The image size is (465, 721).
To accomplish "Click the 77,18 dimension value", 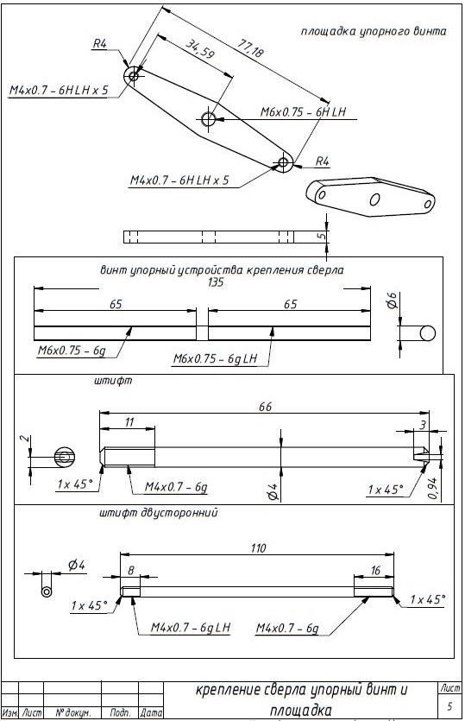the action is tap(250, 48).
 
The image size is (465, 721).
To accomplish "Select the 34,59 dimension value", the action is tap(200, 48).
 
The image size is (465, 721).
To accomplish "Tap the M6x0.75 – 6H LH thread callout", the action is tap(304, 111).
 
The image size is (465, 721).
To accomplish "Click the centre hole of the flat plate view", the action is tap(208, 118).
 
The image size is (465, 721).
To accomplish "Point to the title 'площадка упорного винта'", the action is tap(373, 31).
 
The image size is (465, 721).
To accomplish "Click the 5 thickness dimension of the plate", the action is tap(322, 237).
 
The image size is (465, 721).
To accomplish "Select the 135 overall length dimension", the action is tap(215, 281).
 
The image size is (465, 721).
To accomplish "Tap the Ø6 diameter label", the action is tap(392, 300).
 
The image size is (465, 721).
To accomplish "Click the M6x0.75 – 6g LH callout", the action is tap(215, 358).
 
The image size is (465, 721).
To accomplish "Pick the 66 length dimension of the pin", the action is tap(265, 407).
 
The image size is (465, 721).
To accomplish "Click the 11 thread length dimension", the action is tap(129, 421).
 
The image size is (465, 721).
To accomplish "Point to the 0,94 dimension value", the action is tap(432, 489).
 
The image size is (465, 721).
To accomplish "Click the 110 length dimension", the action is tap(258, 548).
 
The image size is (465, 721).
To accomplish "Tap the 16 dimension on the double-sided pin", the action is tap(375, 571).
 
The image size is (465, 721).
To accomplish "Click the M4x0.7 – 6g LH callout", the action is tap(191, 627).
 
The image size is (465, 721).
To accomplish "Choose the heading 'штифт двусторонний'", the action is tap(159, 513).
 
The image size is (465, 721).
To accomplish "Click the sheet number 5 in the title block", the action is tap(449, 705).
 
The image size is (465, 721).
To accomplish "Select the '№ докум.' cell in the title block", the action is tap(72, 712).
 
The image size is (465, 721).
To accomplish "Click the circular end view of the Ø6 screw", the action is tap(427, 332).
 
